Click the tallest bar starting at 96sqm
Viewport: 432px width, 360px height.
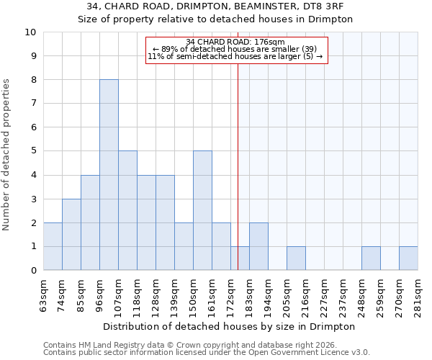109,175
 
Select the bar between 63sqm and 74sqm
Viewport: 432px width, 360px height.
53,246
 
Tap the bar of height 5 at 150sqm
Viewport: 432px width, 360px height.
202,210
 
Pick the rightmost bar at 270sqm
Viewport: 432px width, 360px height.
408,258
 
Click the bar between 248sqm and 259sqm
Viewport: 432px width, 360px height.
371,258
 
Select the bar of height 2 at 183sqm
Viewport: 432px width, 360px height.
258,246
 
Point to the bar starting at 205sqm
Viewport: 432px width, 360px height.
296,258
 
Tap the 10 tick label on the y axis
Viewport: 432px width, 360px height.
30,32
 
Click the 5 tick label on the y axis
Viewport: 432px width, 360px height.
33,151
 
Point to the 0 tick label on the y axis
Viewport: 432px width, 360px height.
33,271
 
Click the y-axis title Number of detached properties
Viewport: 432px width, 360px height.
7,155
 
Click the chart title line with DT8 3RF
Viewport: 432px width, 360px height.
215,6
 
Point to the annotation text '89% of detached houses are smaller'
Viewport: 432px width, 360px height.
237,49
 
